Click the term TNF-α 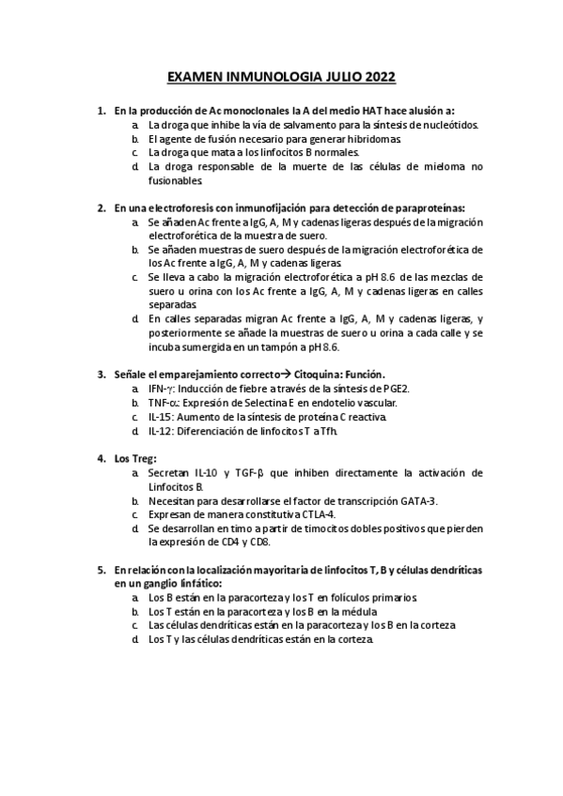(162, 402)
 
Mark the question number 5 (102, 570)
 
